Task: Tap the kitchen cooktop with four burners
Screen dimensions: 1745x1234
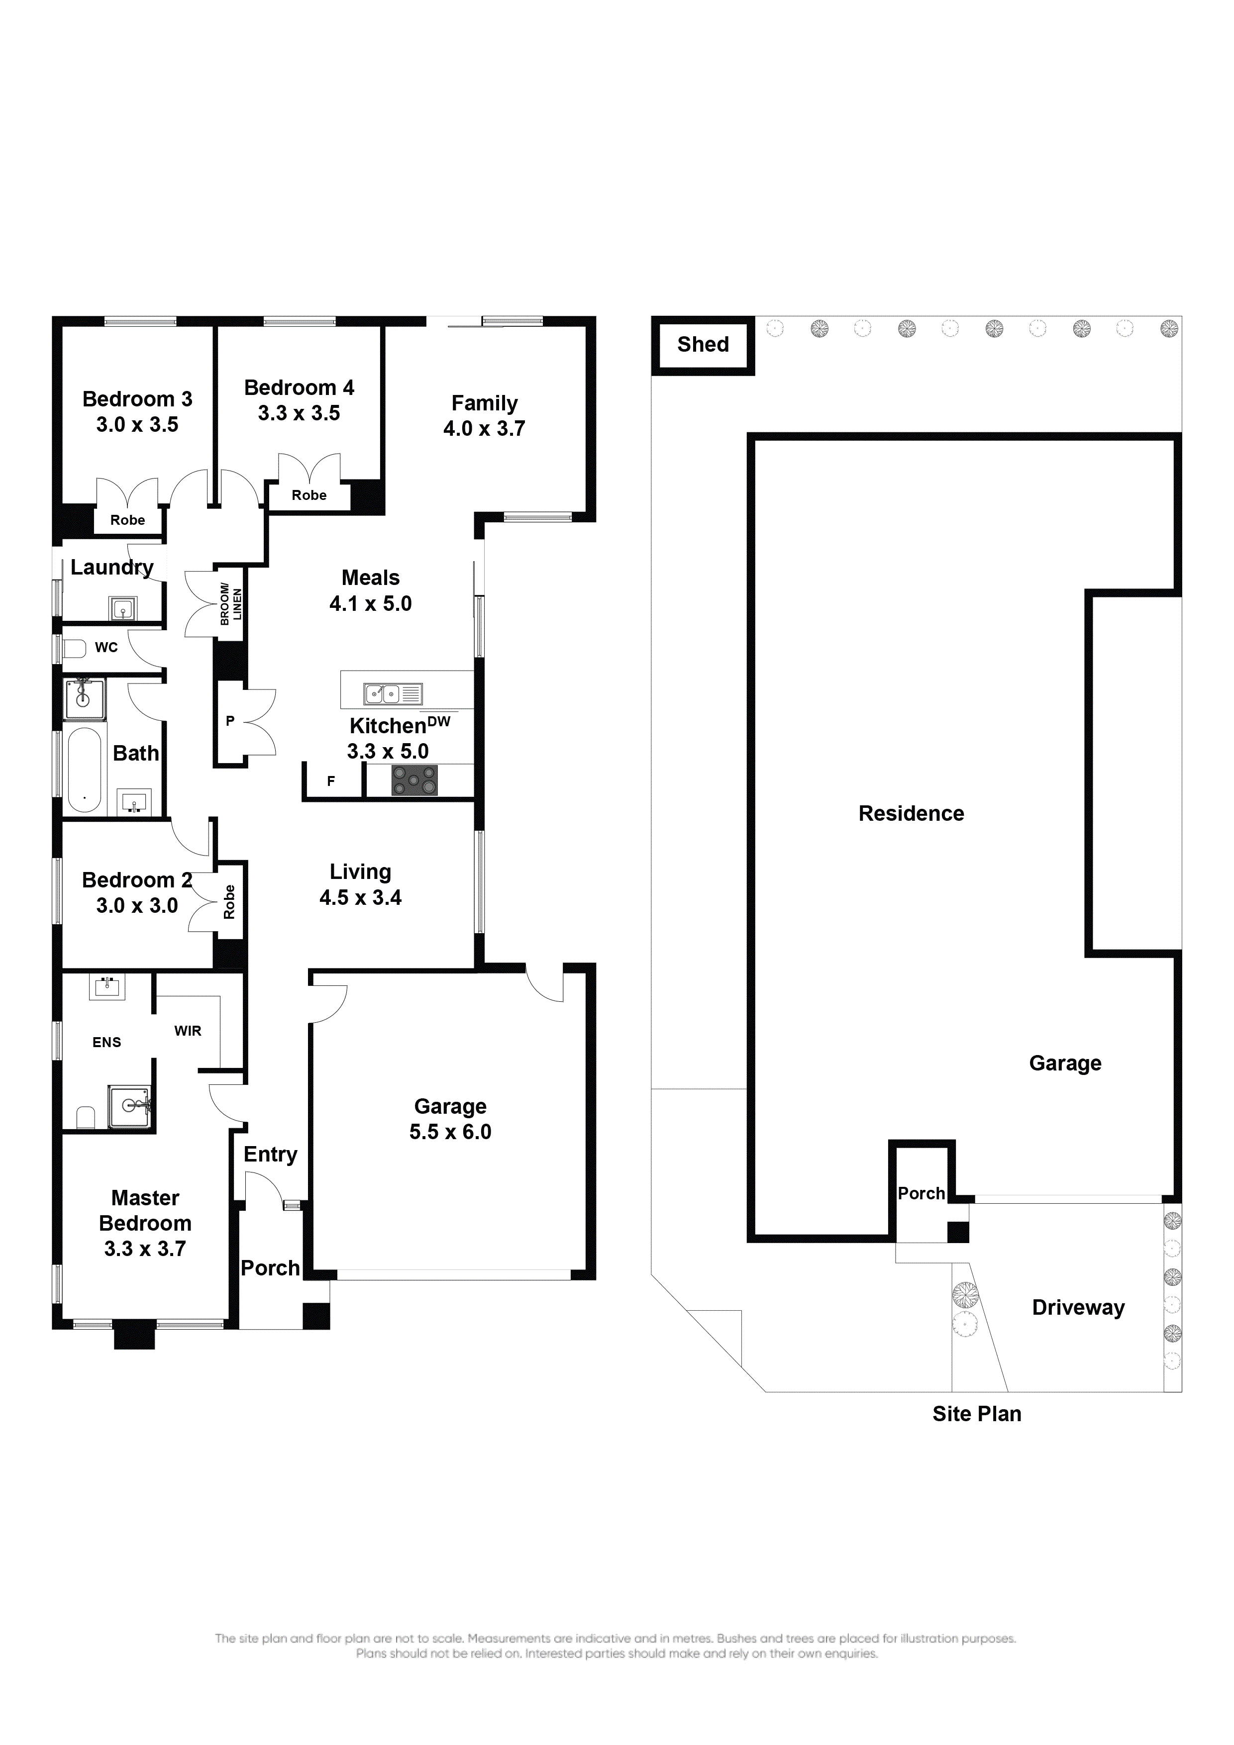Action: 414,780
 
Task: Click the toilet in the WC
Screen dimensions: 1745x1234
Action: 74,648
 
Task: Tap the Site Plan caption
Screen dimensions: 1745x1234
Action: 976,1414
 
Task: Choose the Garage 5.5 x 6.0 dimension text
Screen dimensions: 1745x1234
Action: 450,1132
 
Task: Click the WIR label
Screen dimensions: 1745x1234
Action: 188,1031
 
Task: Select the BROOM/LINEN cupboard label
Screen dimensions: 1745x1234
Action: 230,604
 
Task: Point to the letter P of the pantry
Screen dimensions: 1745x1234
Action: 229,720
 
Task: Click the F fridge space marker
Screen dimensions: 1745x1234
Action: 331,780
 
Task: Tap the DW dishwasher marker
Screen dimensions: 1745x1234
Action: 439,721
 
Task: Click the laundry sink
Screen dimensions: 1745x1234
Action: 122,609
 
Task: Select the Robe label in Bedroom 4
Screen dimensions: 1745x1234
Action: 308,495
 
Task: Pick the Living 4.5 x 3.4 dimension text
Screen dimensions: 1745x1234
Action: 360,897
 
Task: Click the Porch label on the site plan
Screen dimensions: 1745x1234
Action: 921,1193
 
